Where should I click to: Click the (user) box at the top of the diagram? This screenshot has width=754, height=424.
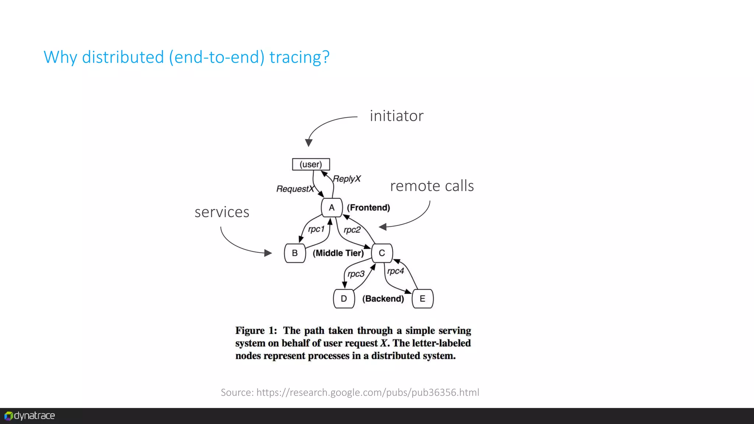311,164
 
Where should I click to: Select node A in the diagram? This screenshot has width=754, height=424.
332,208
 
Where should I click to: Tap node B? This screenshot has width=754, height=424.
295,253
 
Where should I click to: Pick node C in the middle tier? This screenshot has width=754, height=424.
382,253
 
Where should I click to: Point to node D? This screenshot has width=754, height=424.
344,298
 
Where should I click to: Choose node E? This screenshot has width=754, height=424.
422,298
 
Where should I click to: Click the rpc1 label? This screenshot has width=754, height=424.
316,229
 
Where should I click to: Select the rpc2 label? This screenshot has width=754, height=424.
352,230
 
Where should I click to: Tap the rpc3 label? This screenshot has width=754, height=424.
356,274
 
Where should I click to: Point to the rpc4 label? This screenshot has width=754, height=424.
396,271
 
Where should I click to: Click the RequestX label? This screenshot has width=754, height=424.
295,189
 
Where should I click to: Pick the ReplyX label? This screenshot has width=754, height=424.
347,179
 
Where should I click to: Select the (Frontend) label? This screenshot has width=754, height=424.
368,208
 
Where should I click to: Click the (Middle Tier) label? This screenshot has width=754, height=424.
338,253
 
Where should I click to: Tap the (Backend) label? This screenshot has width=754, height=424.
383,298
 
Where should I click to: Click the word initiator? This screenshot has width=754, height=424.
397,116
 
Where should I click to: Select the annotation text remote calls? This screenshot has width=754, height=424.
432,186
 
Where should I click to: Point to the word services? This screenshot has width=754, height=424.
222,212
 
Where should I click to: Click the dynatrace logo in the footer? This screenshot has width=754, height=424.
30,416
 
